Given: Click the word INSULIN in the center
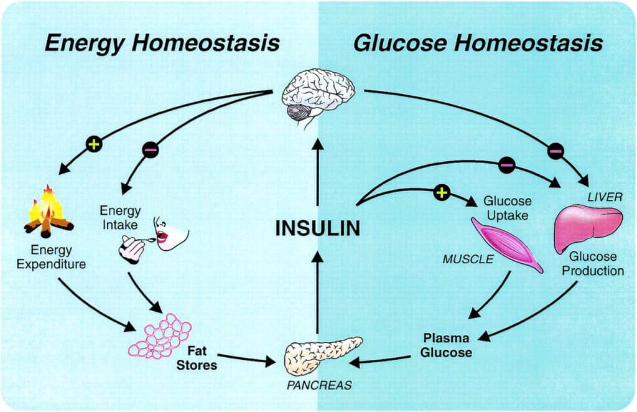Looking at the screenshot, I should click(x=317, y=228).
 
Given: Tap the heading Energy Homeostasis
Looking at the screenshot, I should click(x=162, y=44).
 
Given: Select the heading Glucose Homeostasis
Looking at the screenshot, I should click(x=478, y=44).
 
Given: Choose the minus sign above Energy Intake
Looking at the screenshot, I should click(x=151, y=149).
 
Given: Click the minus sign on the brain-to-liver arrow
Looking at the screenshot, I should click(x=556, y=151).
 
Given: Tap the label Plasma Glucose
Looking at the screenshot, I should click(x=447, y=345).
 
